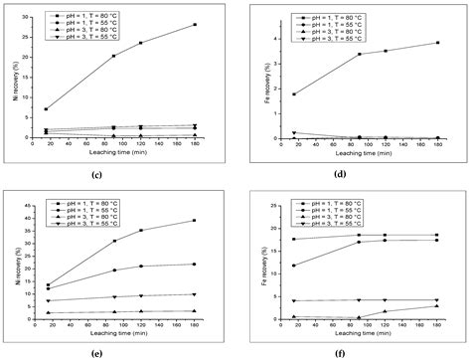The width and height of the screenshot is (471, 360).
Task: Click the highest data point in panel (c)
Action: pos(195,25)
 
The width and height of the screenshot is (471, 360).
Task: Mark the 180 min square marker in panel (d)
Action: pos(437,43)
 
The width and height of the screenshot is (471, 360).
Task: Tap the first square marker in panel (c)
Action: pos(47,109)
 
